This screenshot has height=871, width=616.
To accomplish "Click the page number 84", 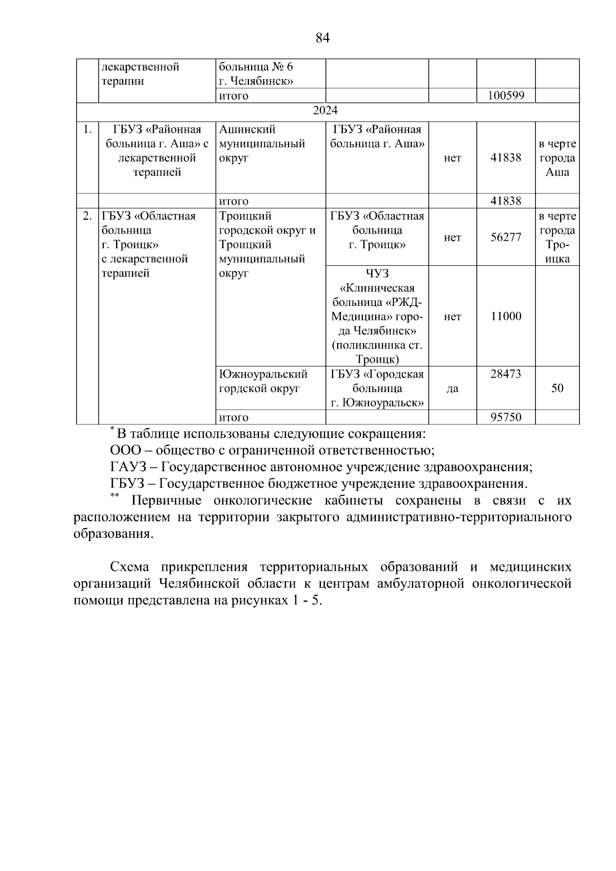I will (x=322, y=38).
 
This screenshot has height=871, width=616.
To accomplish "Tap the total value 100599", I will (x=506, y=96).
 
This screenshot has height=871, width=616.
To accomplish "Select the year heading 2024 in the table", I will (x=325, y=110).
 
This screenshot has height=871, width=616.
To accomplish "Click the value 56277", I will (x=506, y=238).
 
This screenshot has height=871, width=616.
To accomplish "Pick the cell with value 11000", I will (x=506, y=317).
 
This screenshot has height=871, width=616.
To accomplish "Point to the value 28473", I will (x=506, y=374).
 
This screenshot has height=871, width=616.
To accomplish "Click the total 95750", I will (x=506, y=417).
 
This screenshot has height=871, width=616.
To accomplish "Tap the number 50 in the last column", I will (x=557, y=388).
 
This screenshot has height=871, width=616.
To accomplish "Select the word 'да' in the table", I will (x=452, y=389).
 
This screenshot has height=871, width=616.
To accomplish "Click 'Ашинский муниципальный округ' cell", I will (x=262, y=144).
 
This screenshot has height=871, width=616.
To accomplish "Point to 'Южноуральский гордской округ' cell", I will (x=263, y=381).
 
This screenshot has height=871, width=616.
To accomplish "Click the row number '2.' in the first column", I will (x=87, y=216).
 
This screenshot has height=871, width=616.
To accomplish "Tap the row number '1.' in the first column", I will (x=87, y=129).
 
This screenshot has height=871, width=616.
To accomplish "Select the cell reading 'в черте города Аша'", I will (x=557, y=158).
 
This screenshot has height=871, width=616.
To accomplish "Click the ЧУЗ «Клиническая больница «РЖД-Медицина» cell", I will (x=377, y=317).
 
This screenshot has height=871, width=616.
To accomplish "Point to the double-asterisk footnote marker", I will (x=114, y=496).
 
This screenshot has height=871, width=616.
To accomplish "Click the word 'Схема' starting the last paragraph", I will (x=129, y=567).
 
